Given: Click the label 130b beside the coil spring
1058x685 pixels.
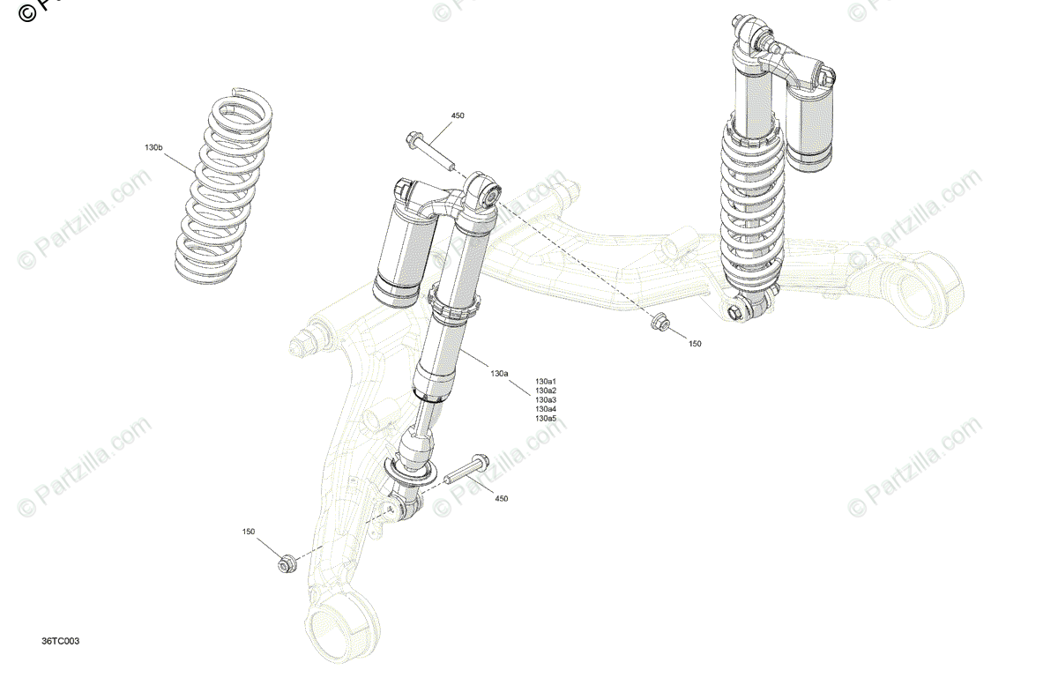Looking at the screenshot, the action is click(153, 147).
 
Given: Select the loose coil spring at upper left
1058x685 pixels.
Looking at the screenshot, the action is click(222, 190).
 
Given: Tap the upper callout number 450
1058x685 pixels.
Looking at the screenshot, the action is click(458, 115).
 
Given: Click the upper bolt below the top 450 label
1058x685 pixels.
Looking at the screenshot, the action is click(429, 151).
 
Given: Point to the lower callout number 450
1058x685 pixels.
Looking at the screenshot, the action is click(501, 499).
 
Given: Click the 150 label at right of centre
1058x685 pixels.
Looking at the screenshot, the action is click(695, 344).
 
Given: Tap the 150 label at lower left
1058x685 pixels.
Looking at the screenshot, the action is click(249, 532).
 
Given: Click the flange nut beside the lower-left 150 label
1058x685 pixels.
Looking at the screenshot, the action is click(285, 563).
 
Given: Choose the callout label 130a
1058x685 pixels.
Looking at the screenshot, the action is click(499, 374).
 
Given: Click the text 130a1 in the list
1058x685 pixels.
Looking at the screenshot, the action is click(546, 381).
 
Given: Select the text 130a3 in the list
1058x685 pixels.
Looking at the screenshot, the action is click(546, 399).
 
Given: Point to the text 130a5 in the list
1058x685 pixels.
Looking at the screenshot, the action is click(546, 418).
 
